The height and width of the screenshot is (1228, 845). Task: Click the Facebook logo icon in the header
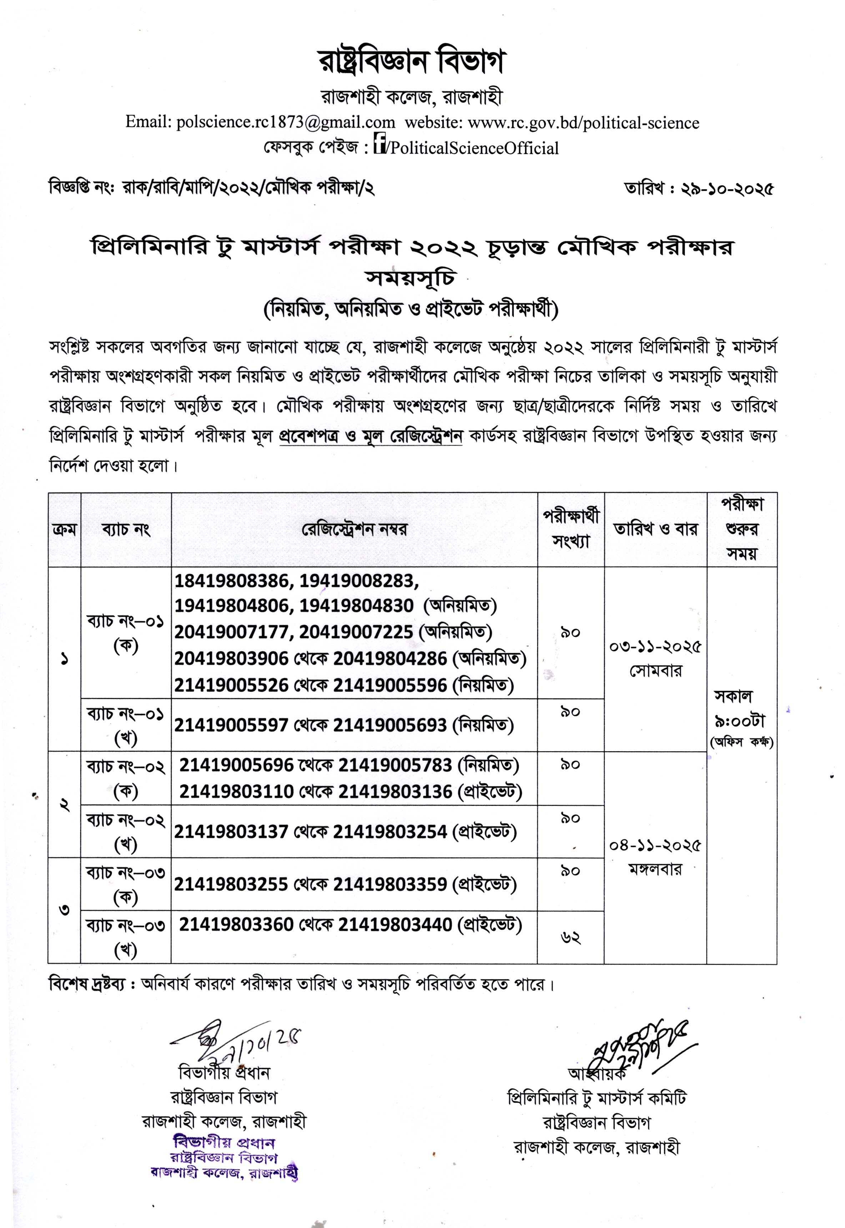click(379, 144)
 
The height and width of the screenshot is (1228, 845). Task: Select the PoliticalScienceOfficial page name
click(474, 148)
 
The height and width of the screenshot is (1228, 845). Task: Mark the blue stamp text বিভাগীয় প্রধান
click(225, 1142)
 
